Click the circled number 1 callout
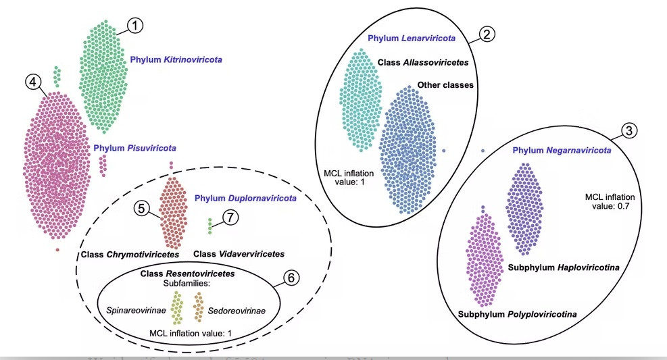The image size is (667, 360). coord(137,26)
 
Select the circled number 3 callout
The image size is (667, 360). coord(628,131)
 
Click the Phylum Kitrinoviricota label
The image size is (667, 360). coord(176,60)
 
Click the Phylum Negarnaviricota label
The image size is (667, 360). coord(562,150)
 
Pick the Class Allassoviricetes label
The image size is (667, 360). coord(423,62)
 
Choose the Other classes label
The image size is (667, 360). coord(445,85)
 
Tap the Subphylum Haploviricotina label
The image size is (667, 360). coord(563,268)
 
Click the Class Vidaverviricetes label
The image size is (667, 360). coord(239,254)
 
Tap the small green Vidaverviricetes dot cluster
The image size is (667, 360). coord(210,226)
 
